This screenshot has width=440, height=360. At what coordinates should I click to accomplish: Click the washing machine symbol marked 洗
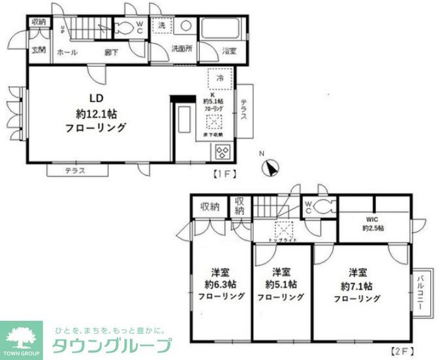161,26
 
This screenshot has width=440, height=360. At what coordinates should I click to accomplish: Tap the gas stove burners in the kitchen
221,152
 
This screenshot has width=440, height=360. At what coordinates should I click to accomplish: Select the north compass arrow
269,167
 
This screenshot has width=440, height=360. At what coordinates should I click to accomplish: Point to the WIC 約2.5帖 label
373,223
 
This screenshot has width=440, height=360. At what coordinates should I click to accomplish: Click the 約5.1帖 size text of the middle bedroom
281,285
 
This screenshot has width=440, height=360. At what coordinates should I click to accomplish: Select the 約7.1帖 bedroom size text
356,286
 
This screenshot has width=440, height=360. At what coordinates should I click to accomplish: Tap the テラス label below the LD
76,171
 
